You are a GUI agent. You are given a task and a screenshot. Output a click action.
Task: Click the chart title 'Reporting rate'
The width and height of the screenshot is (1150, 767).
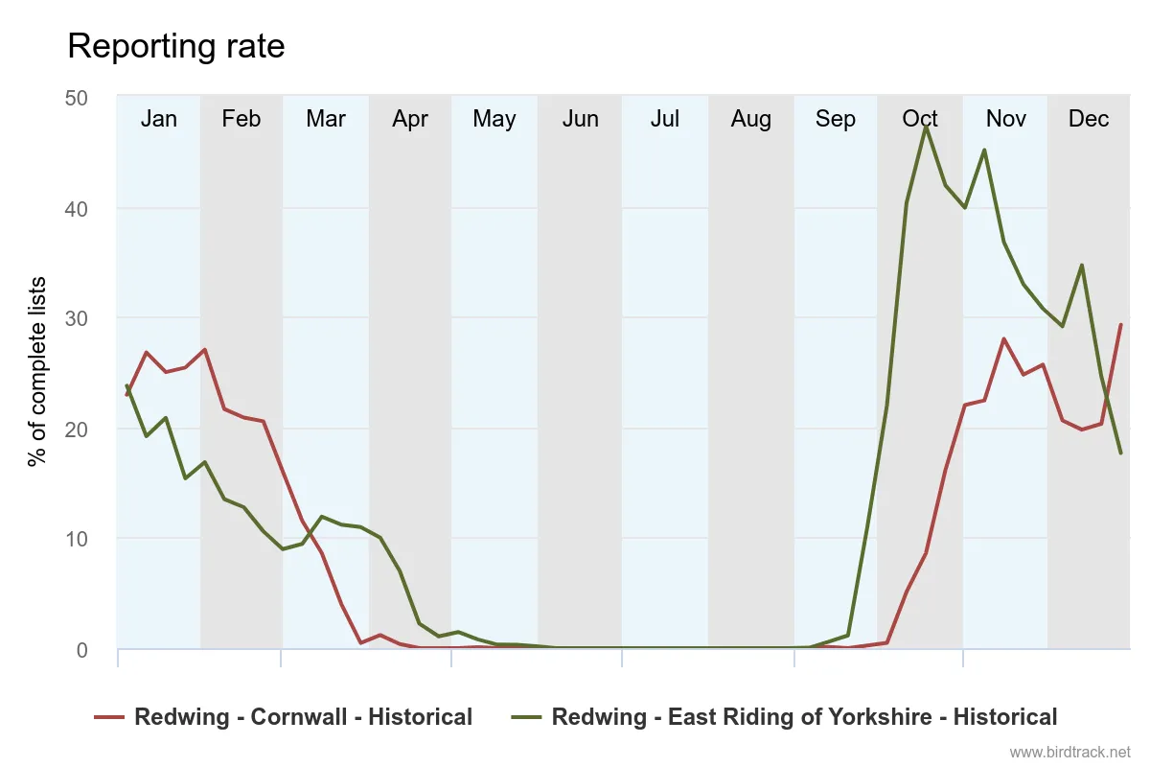pos(176,46)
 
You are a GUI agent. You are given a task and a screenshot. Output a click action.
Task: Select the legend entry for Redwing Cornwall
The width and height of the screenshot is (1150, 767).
pos(284,717)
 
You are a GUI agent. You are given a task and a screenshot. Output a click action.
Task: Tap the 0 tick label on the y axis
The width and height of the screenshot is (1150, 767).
pos(81,649)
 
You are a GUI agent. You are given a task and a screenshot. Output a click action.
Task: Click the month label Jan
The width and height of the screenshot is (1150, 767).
pos(159,119)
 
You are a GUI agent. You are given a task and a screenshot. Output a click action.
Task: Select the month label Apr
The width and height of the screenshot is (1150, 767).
pos(410,119)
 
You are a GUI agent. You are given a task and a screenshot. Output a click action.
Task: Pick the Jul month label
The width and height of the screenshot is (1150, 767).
pos(665,119)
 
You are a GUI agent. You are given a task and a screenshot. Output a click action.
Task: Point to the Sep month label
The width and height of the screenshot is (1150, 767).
pos(836,119)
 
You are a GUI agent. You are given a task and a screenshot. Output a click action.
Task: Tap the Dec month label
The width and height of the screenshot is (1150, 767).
pos(1089,119)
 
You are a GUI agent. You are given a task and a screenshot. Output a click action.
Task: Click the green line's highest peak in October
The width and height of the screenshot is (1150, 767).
pos(926,126)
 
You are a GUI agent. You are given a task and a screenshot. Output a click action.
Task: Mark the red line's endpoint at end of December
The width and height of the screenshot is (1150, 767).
pos(1120,325)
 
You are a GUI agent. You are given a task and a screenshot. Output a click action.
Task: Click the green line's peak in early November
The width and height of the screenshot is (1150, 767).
pos(984,151)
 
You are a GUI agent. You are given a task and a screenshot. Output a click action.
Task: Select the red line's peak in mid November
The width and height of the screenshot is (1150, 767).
pos(1003,338)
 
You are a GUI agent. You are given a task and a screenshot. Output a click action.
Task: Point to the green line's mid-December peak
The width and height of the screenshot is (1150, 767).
pos(1082,266)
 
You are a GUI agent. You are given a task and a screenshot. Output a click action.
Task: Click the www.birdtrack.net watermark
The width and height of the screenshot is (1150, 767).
pos(1070,752)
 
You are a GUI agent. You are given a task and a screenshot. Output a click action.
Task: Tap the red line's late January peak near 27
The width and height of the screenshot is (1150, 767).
pos(204,350)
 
